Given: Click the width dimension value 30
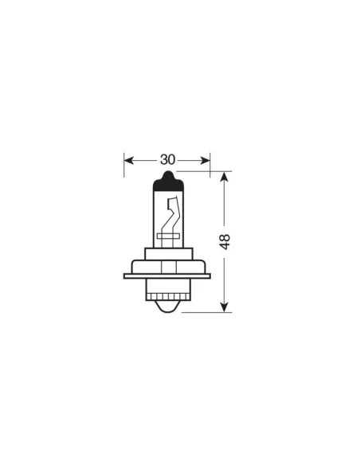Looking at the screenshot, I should tap(166, 158).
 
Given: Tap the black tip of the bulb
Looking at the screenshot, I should tap(166, 179).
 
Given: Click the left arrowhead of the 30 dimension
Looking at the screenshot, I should tap(128, 158).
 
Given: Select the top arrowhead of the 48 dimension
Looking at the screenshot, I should tap(225, 176).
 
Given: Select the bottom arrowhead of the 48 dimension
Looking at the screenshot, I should tap(225, 307).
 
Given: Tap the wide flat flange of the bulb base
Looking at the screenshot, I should tap(166, 276).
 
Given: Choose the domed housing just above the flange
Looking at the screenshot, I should tap(166, 266).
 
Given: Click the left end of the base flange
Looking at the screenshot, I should tap(127, 276).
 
